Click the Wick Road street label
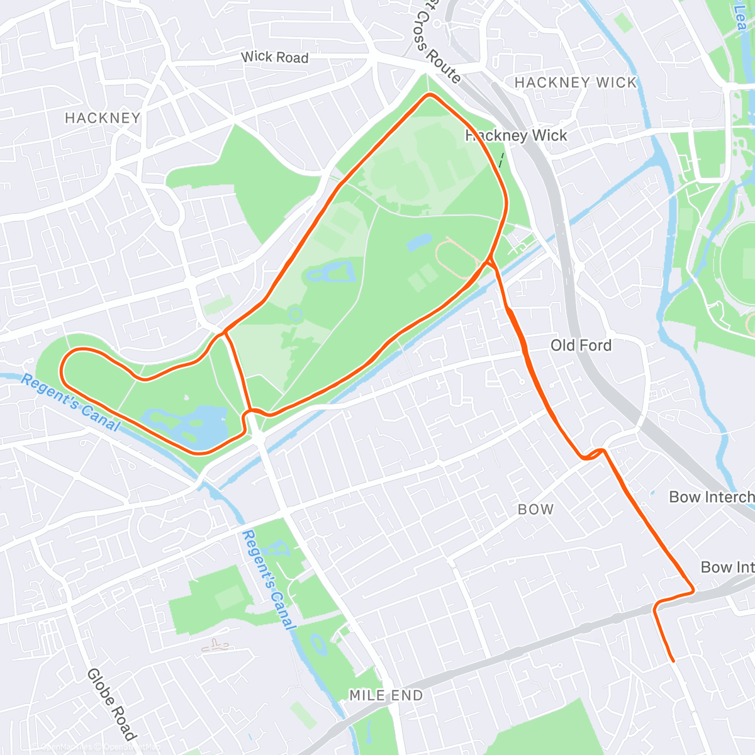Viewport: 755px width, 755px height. tap(275, 57)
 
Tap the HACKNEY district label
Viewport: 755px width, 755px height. tap(103, 118)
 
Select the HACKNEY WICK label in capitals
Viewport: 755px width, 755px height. tap(575, 82)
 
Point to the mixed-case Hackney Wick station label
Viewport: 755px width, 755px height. tap(517, 136)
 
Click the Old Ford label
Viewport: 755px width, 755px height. tap(581, 345)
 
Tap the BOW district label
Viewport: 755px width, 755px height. tap(535, 510)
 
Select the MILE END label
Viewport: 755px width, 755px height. tap(386, 695)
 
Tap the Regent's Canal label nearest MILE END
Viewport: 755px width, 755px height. tap(268, 579)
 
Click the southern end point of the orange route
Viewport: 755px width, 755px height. tap(673, 661)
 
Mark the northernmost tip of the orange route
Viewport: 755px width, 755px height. tap(430, 95)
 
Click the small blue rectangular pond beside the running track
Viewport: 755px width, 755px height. tap(419, 241)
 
